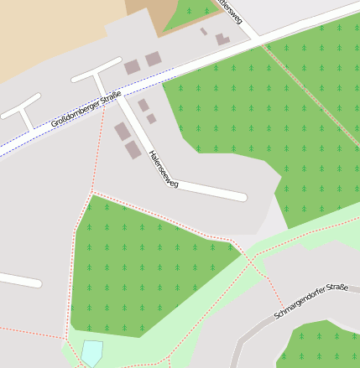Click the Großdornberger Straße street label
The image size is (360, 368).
coord(86,109)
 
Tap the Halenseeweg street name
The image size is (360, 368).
coord(163,168)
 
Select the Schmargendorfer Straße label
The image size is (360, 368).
coord(311,302)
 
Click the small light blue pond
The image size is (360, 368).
coord(91,352)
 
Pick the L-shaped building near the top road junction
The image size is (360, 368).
coord(222,39)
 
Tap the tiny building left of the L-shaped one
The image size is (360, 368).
coord(204,32)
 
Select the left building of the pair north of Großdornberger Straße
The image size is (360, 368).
coord(133,67)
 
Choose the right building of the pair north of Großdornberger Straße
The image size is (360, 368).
coord(153,59)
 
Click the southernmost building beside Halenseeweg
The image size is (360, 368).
coord(133,150)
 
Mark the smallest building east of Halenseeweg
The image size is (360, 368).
coord(151,119)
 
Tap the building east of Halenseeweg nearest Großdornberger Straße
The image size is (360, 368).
coord(143,106)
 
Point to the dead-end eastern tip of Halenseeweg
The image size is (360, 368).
coord(243,198)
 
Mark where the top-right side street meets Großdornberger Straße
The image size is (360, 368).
coord(257,39)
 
